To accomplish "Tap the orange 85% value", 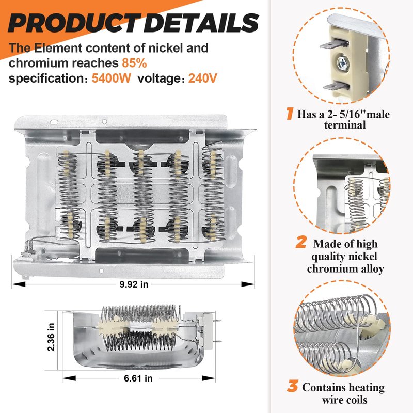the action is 134,63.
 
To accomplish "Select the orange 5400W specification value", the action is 111,78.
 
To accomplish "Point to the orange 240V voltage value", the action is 202,78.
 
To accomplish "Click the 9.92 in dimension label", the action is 134,284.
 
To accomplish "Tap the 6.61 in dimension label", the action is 138,378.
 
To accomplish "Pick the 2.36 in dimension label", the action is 51,337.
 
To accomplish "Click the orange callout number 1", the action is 290,114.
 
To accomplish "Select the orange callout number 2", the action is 301,242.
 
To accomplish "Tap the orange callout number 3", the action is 293,386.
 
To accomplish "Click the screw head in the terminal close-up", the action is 343,62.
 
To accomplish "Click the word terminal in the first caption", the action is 345,125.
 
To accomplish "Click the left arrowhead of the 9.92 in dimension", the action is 19,284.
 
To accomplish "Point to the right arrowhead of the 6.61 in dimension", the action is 209,378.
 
